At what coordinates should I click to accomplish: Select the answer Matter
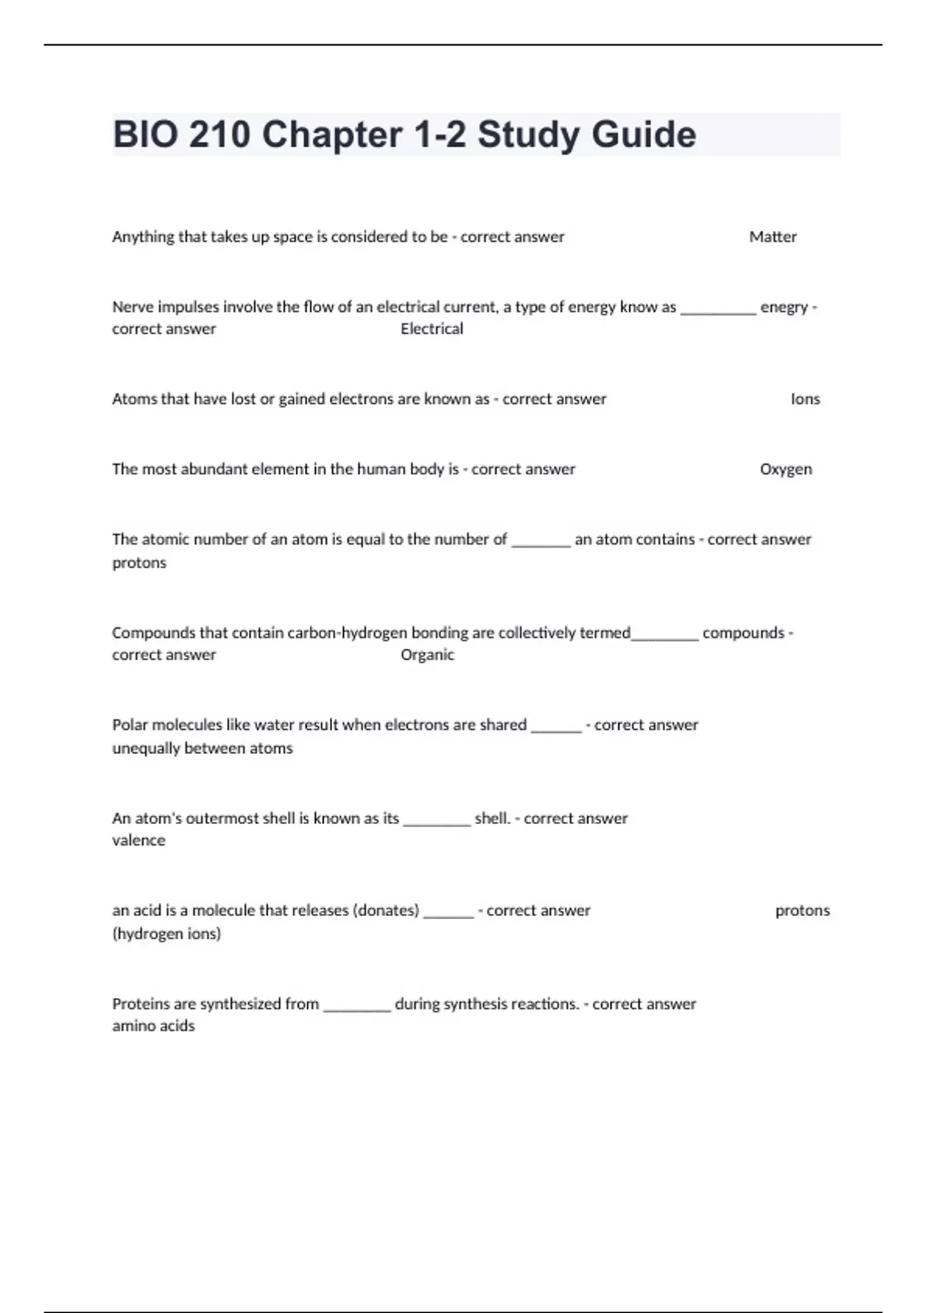(772, 237)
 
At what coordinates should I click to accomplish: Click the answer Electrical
(432, 329)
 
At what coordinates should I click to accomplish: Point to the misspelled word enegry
(784, 307)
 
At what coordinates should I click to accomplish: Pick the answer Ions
(805, 399)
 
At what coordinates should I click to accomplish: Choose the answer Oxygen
(786, 470)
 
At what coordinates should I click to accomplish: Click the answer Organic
(427, 655)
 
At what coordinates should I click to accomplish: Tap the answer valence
(139, 840)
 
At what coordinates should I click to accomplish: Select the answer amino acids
(154, 1026)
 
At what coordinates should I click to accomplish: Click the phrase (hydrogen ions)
(167, 934)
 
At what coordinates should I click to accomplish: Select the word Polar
(129, 725)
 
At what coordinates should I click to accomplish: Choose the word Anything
(143, 237)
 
